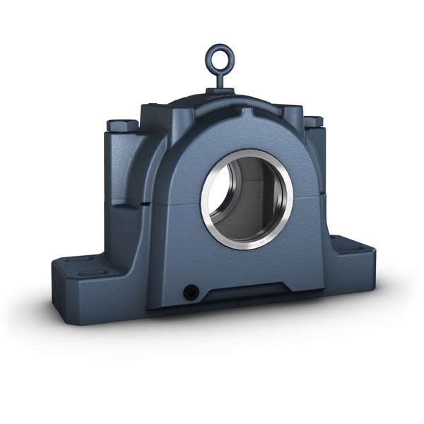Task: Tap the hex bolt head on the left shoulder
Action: tap(122, 125)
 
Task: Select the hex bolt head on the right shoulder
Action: tap(313, 121)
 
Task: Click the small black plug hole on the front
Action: tap(189, 291)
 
